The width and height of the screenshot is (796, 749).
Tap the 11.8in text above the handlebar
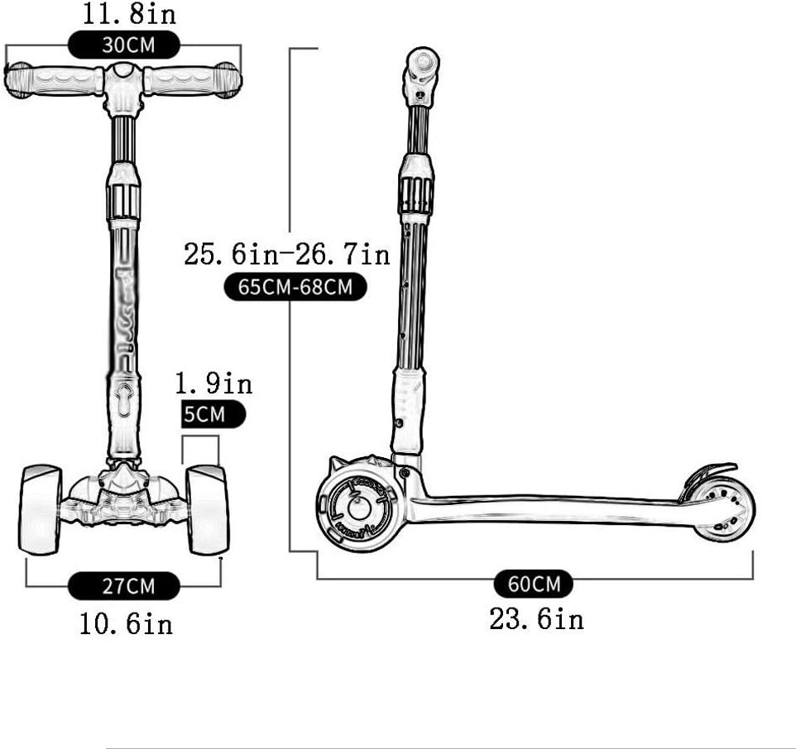pos(129,14)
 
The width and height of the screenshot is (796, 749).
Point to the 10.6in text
pos(127,623)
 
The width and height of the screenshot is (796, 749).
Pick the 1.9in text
pos(213,384)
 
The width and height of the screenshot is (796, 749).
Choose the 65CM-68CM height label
pos(295,287)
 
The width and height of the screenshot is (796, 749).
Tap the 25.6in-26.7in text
pos(287,255)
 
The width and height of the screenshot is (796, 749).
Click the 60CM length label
pos(534,584)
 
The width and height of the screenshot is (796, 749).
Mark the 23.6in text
pos(536,619)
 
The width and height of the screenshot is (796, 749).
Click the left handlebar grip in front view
pos(55,80)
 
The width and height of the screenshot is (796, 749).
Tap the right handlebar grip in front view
pos(193,80)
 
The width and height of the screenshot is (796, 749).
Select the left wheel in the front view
pos(41,508)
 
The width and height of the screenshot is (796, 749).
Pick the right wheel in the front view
pos(207,509)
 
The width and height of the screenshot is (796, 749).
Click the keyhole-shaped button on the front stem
pos(123,399)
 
